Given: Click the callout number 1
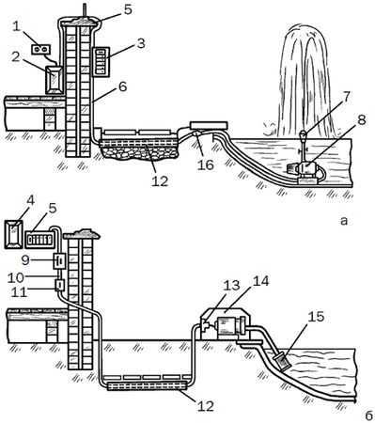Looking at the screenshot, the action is [x=16, y=27].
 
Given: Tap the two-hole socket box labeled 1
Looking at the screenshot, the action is [x=41, y=49].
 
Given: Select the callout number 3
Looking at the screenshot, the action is [x=141, y=43].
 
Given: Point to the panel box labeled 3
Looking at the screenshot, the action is [x=101, y=62].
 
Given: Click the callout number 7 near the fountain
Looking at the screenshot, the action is [x=346, y=98].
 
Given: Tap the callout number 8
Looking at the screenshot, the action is [x=362, y=120].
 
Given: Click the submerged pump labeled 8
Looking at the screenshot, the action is [x=305, y=171].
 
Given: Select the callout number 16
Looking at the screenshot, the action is [x=206, y=164].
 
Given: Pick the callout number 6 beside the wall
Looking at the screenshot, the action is [x=122, y=86].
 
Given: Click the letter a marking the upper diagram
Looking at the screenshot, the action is [x=344, y=221].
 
